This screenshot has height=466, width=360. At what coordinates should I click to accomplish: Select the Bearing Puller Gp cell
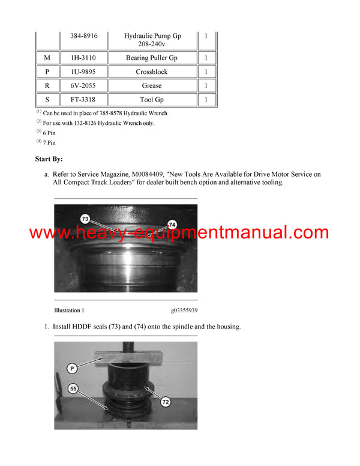[x=152, y=58]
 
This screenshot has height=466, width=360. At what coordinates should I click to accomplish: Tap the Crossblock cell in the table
[x=152, y=72]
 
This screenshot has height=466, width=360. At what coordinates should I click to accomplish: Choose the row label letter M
[x=47, y=58]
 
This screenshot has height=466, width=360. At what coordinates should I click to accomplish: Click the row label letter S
[x=47, y=100]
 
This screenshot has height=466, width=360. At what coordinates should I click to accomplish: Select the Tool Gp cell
[x=152, y=100]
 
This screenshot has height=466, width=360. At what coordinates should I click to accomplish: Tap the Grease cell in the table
[x=152, y=86]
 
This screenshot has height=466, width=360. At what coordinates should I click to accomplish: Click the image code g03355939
[x=184, y=310]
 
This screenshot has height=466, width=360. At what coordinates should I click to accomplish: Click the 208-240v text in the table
[x=152, y=44]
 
